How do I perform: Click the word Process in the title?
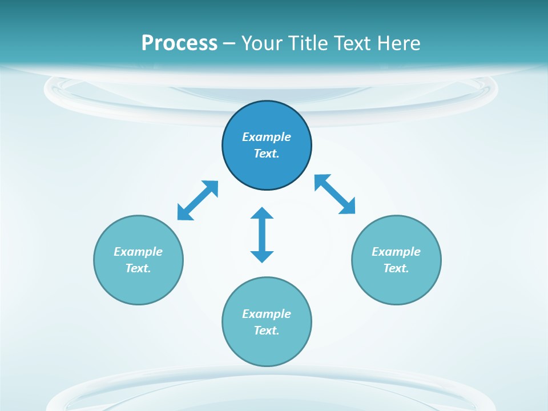coord(179,43)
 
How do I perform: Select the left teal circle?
coord(138,285)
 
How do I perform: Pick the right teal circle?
coord(396,285)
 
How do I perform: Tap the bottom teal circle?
coord(267,348)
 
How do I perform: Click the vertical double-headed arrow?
coord(262,235)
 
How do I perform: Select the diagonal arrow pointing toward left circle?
coord(198,200)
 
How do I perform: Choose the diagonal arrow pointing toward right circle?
coord(335,194)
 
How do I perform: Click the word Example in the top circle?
coord(267,137)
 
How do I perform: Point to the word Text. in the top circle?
coord(267,154)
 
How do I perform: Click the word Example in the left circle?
coord(138,252)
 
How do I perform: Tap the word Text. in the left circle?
coord(138,268)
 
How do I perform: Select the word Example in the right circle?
coord(396,252)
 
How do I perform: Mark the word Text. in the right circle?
coord(396,268)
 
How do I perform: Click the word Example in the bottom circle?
coord(267,314)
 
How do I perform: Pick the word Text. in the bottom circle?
coord(267,331)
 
